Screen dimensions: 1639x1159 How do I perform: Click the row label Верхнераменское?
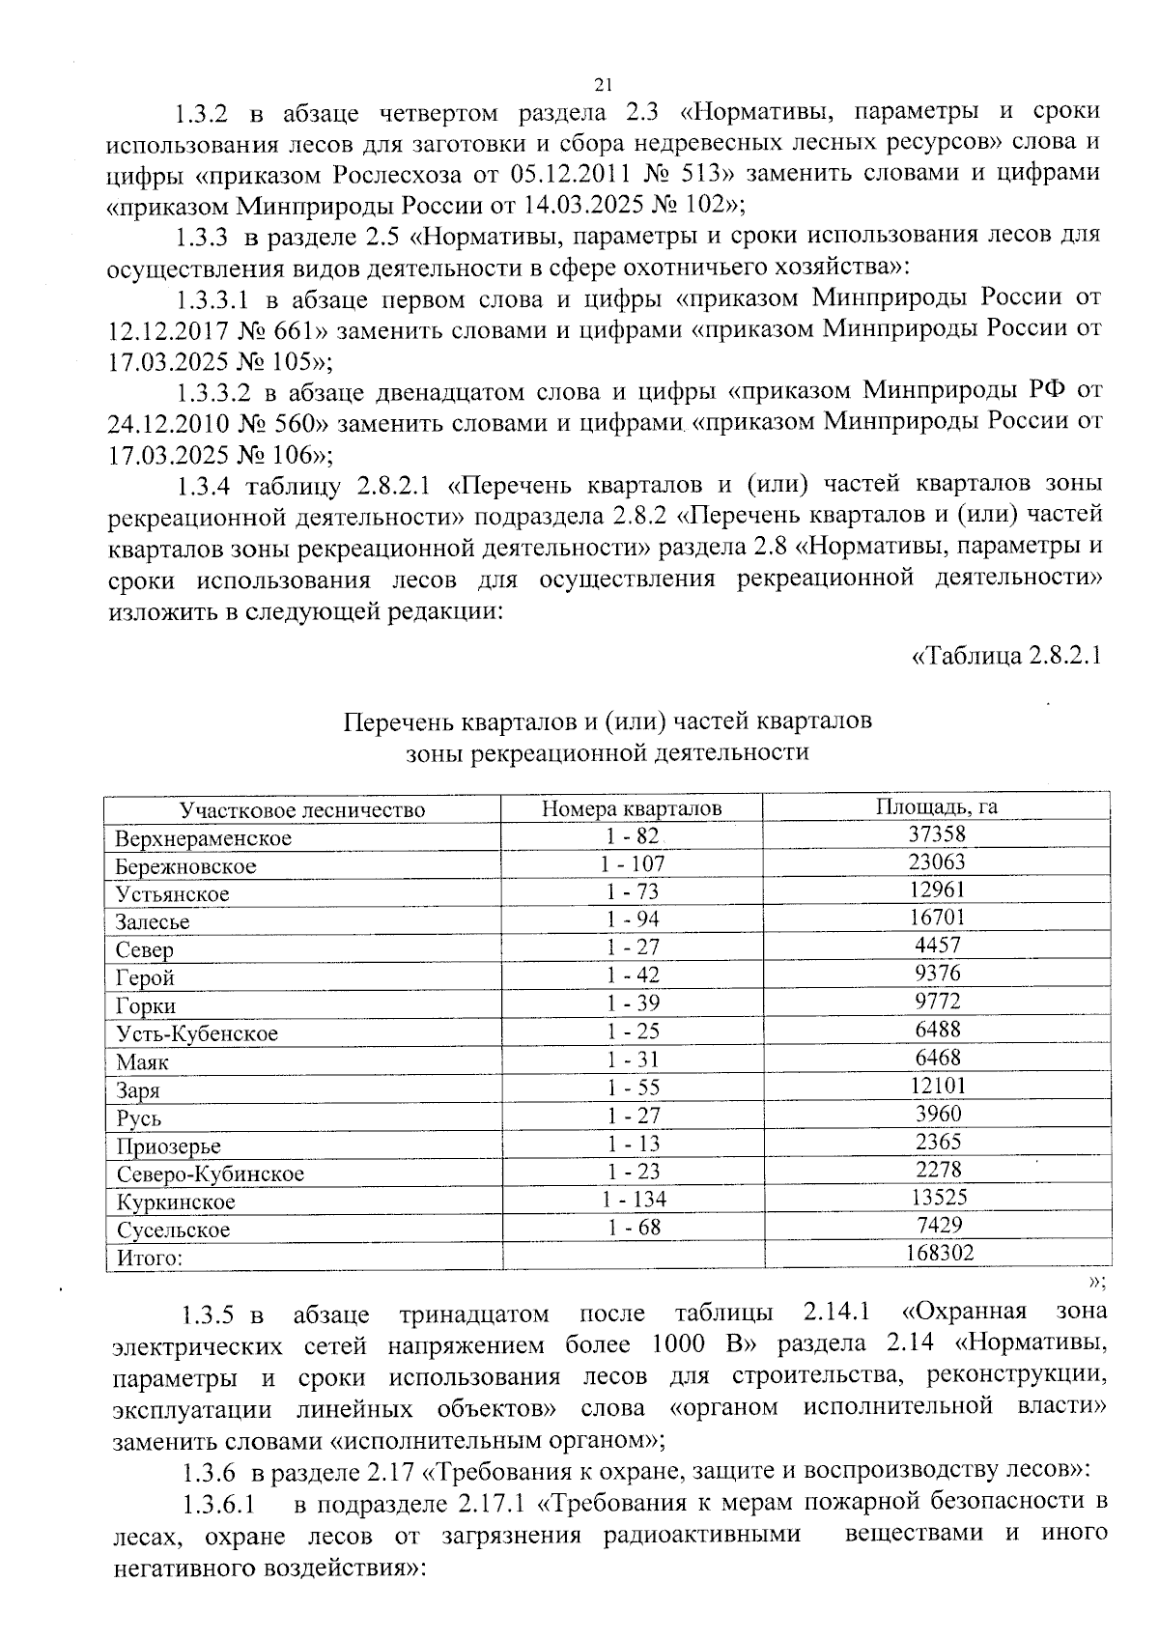pyautogui.click(x=203, y=838)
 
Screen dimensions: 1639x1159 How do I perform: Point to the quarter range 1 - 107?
pyautogui.click(x=633, y=863)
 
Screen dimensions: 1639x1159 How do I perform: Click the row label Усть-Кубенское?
pyautogui.click(x=197, y=1034)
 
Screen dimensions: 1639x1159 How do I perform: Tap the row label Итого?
pyautogui.click(x=150, y=1258)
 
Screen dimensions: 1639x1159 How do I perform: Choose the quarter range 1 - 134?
pyautogui.click(x=634, y=1200)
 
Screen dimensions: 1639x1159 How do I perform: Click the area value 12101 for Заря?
pyautogui.click(x=938, y=1086)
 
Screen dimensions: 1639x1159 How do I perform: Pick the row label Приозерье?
pyautogui.click(x=169, y=1146)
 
